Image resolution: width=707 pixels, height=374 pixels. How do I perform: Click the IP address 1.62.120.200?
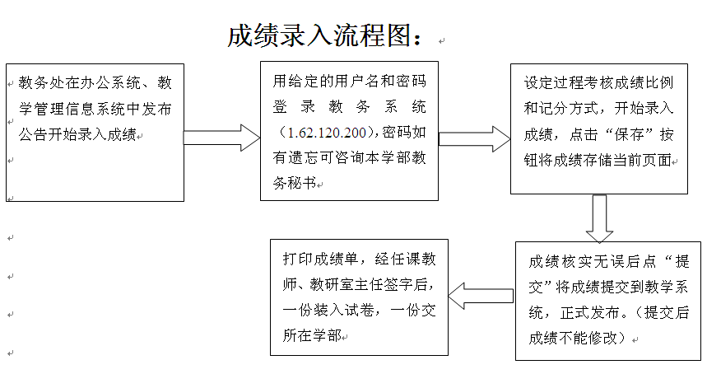pyautogui.click(x=327, y=133)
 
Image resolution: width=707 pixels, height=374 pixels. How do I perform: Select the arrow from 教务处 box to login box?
pyautogui.click(x=221, y=138)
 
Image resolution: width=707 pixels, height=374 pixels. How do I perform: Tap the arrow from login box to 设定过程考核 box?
pyautogui.click(x=474, y=139)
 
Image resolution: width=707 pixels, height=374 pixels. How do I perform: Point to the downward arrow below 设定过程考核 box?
pyautogui.click(x=599, y=219)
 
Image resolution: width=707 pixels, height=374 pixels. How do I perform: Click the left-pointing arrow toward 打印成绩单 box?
pyautogui.click(x=481, y=296)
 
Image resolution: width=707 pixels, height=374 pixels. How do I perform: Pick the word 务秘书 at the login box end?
pyautogui.click(x=294, y=183)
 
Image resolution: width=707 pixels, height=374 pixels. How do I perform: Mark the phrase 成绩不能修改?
pyautogui.click(x=573, y=339)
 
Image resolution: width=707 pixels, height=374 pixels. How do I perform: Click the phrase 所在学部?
pyautogui.click(x=312, y=335)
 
